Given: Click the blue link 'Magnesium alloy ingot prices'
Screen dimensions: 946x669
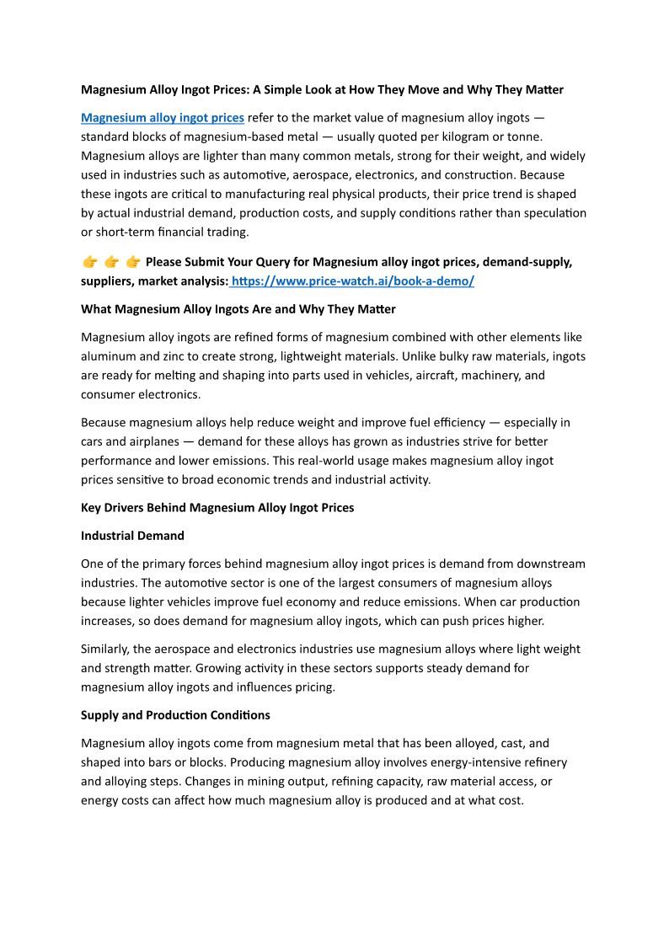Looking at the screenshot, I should pyautogui.click(x=163, y=117).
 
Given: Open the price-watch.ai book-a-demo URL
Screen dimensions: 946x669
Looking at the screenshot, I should pyautogui.click(x=353, y=281).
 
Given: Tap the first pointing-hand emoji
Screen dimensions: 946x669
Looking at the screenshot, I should pyautogui.click(x=89, y=262).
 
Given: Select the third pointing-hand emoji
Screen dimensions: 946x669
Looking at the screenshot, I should pyautogui.click(x=132, y=262).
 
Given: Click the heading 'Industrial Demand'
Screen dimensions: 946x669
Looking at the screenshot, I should pyautogui.click(x=132, y=536).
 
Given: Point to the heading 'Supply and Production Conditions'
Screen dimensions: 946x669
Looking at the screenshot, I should pyautogui.click(x=175, y=715).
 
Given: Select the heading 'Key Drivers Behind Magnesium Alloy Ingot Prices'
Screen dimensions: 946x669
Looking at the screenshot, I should pyautogui.click(x=217, y=508).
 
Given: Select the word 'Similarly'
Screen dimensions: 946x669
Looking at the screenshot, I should pyautogui.click(x=107, y=649).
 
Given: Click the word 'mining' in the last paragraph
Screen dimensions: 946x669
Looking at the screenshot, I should pyautogui.click(x=253, y=782).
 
